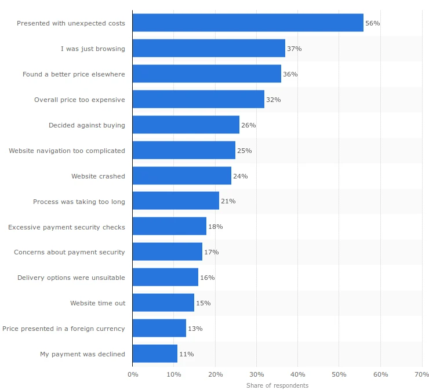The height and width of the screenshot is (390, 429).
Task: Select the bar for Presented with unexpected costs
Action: (x=248, y=23)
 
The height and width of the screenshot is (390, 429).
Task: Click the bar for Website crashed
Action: (x=181, y=176)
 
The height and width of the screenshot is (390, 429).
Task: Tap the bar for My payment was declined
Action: (x=155, y=354)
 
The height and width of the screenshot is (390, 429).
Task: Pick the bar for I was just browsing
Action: (x=209, y=49)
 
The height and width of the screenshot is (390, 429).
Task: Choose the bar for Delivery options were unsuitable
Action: (x=165, y=278)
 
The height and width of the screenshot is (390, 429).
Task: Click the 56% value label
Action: (x=372, y=23)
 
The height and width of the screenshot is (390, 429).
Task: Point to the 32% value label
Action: (x=273, y=100)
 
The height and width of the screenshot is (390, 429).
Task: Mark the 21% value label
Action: (x=228, y=201)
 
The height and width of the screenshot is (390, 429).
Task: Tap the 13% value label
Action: (x=195, y=329)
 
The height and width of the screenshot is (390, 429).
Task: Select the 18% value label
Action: (x=215, y=227)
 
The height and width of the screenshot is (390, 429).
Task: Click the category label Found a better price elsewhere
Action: (x=74, y=74)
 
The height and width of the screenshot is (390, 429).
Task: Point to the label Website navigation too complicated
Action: (x=67, y=151)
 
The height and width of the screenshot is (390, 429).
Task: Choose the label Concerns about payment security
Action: (x=70, y=252)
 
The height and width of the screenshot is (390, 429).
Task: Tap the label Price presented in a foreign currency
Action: (x=64, y=329)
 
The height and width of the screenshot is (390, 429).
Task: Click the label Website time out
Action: (x=97, y=303)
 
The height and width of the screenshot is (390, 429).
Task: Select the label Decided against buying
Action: (x=86, y=125)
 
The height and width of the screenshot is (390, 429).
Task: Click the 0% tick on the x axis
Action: (x=133, y=374)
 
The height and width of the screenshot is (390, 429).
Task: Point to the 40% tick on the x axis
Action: (x=297, y=374)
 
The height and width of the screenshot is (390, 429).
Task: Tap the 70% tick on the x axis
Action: (x=421, y=374)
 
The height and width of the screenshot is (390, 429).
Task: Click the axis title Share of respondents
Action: (x=277, y=385)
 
